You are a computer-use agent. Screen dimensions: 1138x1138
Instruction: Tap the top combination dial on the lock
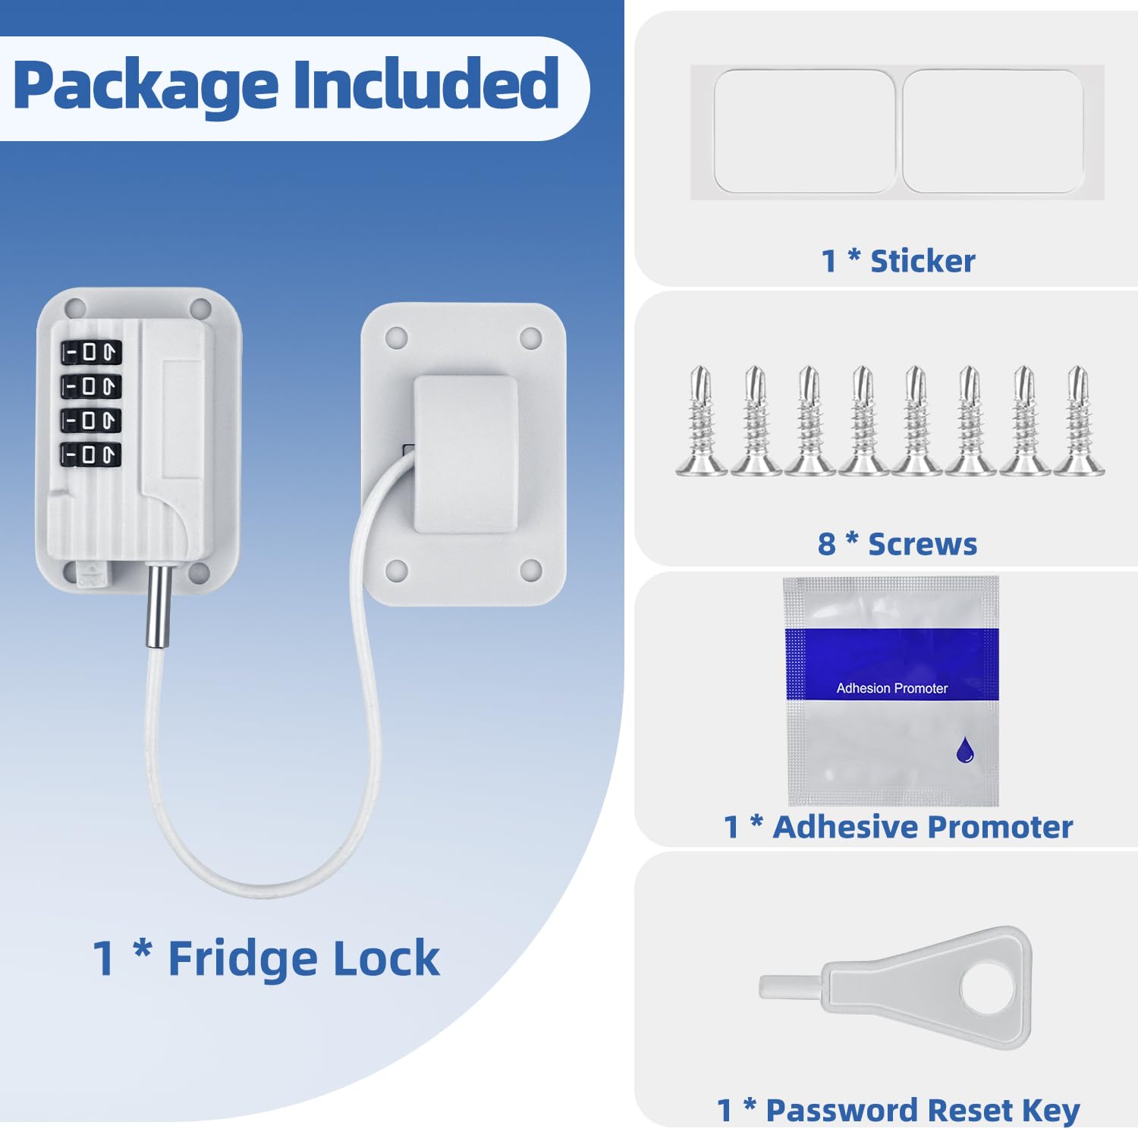tap(91, 352)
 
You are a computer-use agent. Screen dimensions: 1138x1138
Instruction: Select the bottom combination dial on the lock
tap(91, 454)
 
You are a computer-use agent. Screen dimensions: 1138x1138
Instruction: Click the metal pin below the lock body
tap(158, 607)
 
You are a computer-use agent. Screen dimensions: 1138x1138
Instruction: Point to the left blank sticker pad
tap(805, 131)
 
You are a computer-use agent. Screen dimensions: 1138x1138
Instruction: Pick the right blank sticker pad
tap(992, 131)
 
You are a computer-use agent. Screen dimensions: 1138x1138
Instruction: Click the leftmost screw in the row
tap(701, 421)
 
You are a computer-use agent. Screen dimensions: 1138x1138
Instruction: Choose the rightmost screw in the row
tap(1078, 421)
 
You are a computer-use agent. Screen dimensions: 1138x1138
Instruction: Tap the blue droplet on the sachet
tap(964, 750)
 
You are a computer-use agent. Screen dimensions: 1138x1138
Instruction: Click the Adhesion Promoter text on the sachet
tap(891, 688)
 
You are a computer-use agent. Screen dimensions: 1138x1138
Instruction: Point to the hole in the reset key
tap(987, 987)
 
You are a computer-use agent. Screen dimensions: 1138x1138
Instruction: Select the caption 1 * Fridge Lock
tap(266, 958)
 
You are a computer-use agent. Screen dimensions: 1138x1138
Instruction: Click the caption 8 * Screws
tap(898, 544)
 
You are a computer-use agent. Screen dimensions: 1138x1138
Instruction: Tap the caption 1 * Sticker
tap(898, 261)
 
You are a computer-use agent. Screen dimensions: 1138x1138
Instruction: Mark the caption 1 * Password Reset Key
tap(898, 1110)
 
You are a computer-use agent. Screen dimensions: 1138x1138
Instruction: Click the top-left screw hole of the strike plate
tap(396, 338)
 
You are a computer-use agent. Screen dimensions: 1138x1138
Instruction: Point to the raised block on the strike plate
tap(465, 454)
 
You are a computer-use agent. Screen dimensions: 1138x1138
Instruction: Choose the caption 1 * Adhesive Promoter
tap(898, 827)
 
